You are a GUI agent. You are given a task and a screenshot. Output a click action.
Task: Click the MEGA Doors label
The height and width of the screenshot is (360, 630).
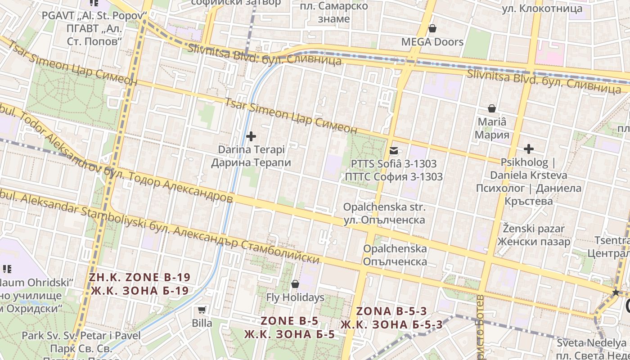(432, 42)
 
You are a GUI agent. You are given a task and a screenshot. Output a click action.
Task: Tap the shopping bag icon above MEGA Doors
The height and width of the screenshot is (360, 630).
(432, 29)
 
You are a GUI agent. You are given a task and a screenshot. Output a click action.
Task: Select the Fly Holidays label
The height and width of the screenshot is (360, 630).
(295, 297)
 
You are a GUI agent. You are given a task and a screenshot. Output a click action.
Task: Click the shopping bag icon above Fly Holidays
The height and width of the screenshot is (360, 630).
(295, 284)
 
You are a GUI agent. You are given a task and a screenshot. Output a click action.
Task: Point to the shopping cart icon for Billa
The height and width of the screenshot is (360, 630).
(202, 310)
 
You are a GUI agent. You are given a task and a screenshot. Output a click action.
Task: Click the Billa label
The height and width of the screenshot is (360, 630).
(202, 323)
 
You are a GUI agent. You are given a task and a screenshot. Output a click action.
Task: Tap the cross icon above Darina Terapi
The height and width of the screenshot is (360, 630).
(251, 136)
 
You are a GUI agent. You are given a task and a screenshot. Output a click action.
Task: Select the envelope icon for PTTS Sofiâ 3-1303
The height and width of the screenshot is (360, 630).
(394, 151)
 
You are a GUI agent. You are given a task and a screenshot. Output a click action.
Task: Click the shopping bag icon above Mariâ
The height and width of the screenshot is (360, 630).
(492, 108)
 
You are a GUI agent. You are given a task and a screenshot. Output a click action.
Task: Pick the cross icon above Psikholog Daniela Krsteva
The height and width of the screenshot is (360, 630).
(529, 149)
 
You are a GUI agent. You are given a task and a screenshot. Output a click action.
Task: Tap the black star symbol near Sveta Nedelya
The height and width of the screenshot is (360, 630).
(616, 292)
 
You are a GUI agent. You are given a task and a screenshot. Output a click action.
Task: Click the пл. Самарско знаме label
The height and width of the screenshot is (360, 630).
(333, 13)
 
